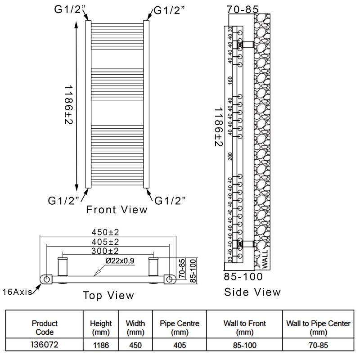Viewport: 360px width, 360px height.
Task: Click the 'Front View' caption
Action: click(x=117, y=209)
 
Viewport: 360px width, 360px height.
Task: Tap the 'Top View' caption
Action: click(x=108, y=295)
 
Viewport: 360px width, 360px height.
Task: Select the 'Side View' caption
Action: click(x=252, y=292)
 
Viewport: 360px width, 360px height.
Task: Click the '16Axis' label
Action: click(x=17, y=292)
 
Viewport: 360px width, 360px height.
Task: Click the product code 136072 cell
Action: click(x=45, y=345)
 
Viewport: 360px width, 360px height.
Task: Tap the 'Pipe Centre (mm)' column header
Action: click(x=180, y=328)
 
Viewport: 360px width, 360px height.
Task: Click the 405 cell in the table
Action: click(x=180, y=345)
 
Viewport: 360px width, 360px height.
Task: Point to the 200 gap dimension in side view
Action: click(x=230, y=156)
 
